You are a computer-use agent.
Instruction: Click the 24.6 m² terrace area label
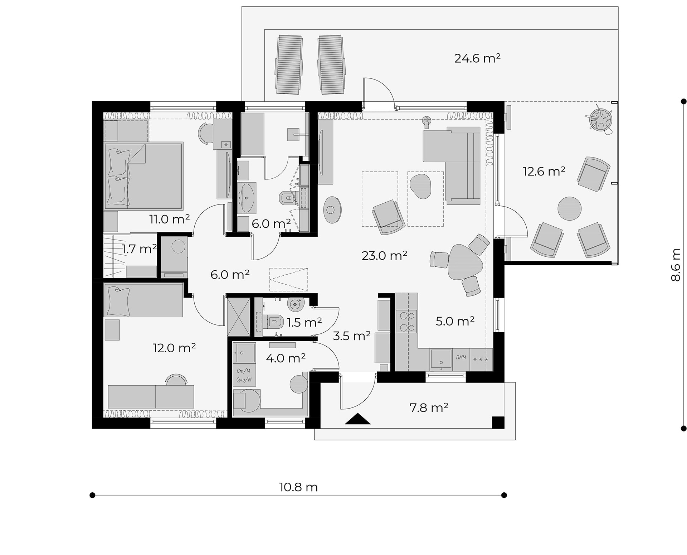click(477, 58)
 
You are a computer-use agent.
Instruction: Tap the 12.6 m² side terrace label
click(544, 172)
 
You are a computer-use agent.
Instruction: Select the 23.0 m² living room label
click(384, 256)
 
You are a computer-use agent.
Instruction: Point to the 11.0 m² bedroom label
click(169, 219)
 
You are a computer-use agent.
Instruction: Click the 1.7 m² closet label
click(139, 249)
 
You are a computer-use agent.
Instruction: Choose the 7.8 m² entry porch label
click(429, 407)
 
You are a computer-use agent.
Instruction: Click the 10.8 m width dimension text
click(298, 487)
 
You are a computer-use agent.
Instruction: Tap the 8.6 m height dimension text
click(675, 265)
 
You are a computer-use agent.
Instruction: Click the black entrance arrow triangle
click(357, 419)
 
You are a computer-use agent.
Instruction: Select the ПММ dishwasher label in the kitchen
click(461, 357)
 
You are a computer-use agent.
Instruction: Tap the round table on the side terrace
click(569, 208)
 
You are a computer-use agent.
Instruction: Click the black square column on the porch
click(498, 423)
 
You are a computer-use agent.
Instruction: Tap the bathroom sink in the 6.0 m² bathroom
click(247, 198)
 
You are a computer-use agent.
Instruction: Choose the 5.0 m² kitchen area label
click(455, 321)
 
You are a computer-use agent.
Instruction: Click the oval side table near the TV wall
click(332, 210)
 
